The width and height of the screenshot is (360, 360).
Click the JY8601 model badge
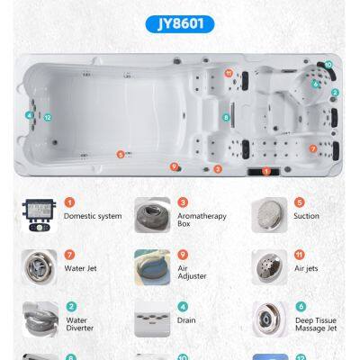coord(180,24)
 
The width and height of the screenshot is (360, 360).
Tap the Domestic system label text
coord(93,216)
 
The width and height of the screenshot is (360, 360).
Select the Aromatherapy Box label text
coord(202,220)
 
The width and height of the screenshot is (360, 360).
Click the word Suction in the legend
coord(306,216)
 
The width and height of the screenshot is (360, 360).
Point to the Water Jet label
coord(80,268)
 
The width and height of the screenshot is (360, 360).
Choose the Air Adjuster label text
coord(192,273)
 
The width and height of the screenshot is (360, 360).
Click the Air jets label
coord(306,268)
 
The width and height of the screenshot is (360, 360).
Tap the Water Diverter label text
coord(79,324)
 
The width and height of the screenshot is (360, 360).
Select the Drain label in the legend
coord(186,320)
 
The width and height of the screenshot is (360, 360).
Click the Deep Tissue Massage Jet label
coord(316,324)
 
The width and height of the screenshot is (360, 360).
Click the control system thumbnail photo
coord(39,215)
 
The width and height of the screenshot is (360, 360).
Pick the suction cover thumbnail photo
coord(269,215)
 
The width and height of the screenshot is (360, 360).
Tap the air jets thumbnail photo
coord(269,267)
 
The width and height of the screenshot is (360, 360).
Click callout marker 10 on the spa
coord(328,64)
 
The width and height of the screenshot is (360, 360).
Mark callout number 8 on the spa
coord(226,117)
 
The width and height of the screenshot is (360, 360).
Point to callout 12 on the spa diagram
coord(48,118)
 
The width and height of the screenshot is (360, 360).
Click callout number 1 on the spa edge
coord(266,172)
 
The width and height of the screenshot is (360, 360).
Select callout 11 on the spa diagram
coord(229,73)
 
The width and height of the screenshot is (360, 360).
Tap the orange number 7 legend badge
coord(69,255)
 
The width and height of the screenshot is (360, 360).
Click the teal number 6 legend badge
coord(301,307)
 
